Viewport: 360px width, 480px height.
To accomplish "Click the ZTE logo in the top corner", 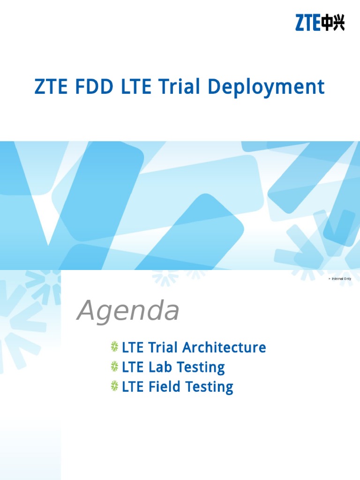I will click(320, 22).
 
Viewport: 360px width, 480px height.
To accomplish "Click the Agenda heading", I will click(128, 311).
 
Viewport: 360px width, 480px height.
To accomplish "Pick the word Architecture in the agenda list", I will click(224, 348).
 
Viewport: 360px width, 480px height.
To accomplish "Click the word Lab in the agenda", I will click(160, 367).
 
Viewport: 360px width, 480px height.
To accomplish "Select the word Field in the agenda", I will click(165, 387).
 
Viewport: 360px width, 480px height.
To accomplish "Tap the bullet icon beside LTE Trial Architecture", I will click(115, 347).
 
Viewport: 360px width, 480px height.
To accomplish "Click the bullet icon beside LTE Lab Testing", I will click(115, 367).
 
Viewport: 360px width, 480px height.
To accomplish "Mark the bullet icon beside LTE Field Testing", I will click(115, 387).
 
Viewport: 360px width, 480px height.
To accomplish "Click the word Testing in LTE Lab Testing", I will click(199, 367).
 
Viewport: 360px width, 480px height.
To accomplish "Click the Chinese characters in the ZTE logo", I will click(333, 22).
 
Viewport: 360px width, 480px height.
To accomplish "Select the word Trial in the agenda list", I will click(163, 348).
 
